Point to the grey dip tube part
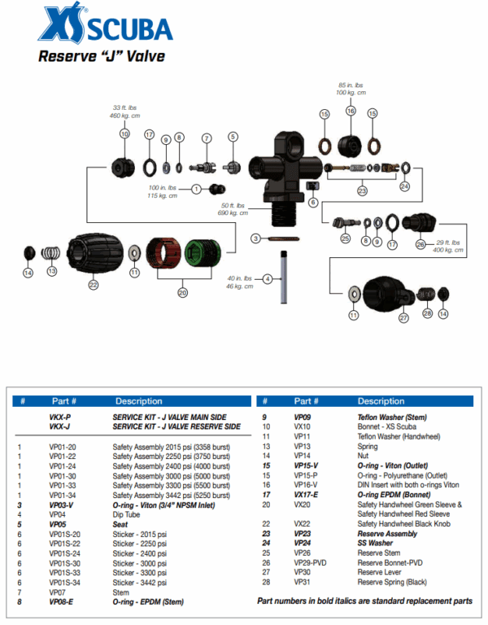(x=283, y=277)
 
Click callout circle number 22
(x=94, y=285)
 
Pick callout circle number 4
(x=267, y=279)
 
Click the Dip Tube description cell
(x=128, y=514)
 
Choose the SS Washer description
(x=375, y=543)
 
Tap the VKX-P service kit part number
(x=59, y=417)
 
